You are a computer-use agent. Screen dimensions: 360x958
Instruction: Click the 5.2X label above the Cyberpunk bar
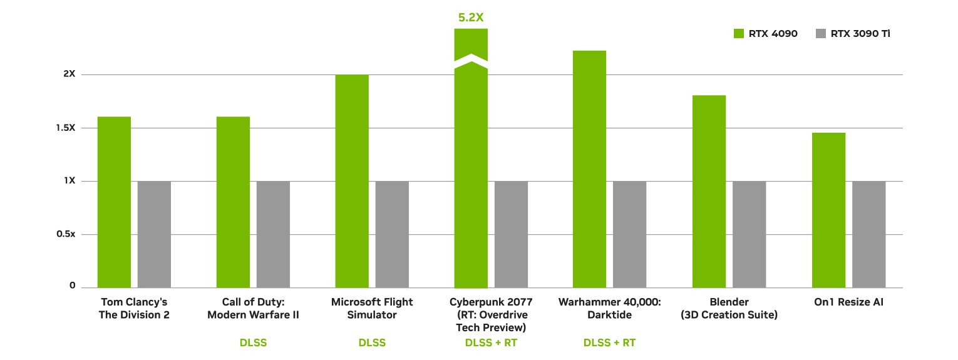[471, 18]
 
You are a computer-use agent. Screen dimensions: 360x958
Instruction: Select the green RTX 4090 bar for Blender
[709, 191]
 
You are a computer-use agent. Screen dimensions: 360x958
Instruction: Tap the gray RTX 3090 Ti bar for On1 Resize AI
[868, 234]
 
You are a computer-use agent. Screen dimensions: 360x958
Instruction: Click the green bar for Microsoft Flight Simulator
[352, 181]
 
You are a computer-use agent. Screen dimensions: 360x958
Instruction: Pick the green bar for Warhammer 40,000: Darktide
[589, 169]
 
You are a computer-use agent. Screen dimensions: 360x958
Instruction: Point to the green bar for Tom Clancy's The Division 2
[114, 202]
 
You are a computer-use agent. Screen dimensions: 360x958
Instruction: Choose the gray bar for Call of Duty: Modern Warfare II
[273, 234]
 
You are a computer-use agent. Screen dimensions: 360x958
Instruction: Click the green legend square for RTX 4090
[738, 34]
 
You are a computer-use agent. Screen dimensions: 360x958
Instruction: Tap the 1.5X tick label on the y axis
[65, 128]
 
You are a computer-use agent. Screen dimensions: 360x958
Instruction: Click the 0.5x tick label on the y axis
[65, 234]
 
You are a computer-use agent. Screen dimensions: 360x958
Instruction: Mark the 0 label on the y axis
[73, 286]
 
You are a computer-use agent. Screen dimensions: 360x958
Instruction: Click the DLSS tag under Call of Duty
[253, 343]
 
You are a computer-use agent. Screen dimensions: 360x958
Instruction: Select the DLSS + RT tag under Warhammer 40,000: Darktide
[609, 343]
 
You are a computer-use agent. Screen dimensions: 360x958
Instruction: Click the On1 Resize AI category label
[848, 302]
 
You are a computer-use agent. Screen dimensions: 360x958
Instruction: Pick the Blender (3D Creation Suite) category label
[729, 309]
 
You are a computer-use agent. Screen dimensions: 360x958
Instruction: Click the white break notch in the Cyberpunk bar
[471, 61]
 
